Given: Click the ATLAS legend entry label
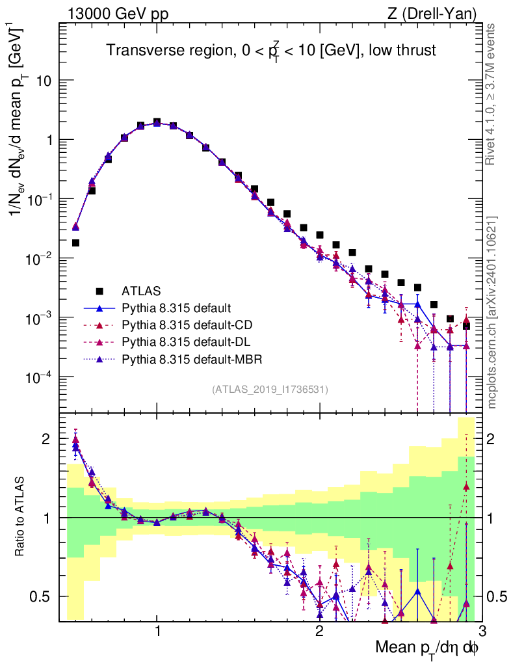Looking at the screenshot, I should click(141, 291).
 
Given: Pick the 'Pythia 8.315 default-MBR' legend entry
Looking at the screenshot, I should click(189, 358).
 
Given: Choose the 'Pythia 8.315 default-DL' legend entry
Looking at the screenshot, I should click(185, 341).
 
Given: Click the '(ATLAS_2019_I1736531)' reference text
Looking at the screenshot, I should click(270, 390).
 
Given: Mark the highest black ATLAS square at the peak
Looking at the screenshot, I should click(157, 122).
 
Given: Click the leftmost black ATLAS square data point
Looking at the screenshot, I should click(75, 243).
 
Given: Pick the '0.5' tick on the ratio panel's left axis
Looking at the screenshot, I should click(43, 596).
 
